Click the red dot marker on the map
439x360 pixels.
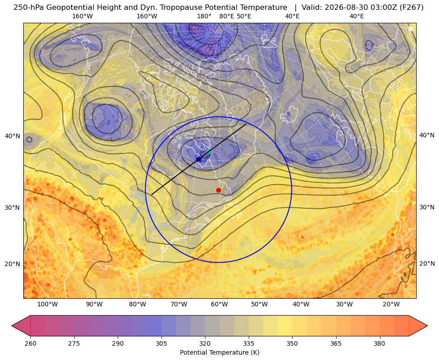coord(219,190)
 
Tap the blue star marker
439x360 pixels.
coord(199,160)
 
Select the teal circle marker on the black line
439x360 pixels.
coord(208,152)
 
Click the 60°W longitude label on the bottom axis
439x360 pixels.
coord(219,304)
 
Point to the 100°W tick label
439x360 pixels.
coord(48,304)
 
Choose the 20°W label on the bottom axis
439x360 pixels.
coord(391,304)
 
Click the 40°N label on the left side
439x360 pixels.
coord(13,136)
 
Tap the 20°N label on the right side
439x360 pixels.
coord(427,263)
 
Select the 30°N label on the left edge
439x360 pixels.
coord(13,208)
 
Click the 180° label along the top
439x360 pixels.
coord(204,16)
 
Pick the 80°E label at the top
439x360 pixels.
coord(227,16)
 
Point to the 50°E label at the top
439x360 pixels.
coord(244,16)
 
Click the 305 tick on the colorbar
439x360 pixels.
coord(161,343)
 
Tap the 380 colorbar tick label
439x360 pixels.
coord(379,343)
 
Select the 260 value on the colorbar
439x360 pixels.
coord(30,343)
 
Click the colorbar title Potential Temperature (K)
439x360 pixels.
coord(219,352)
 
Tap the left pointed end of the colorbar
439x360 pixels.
coord(12,326)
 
